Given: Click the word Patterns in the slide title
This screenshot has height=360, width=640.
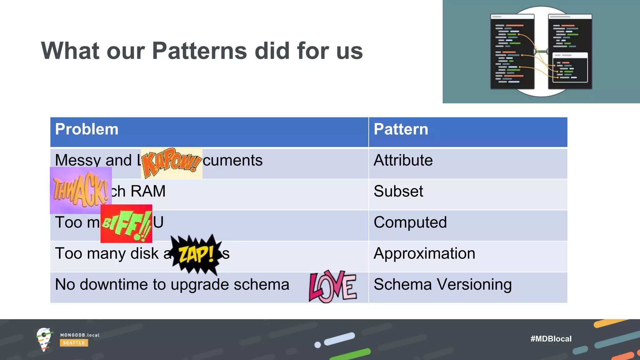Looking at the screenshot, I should [x=199, y=51].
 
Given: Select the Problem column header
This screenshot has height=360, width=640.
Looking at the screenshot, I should [x=87, y=129].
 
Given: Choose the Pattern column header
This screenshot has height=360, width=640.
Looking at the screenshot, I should [x=401, y=129].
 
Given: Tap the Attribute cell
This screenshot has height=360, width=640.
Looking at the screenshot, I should [x=403, y=160].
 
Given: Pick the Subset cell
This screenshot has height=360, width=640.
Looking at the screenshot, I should [x=398, y=191].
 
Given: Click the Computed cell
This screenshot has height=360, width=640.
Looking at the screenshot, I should [x=410, y=222].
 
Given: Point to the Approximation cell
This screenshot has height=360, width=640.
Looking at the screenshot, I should [x=424, y=253].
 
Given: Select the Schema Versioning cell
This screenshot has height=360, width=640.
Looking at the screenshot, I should [x=442, y=284].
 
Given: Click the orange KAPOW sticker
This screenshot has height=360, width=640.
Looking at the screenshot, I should [x=172, y=163].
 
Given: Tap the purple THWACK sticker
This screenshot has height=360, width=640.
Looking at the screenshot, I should [x=81, y=190].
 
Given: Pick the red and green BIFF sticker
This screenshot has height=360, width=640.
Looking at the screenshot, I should [x=126, y=224].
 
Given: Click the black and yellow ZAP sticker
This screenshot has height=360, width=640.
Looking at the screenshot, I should [x=196, y=254].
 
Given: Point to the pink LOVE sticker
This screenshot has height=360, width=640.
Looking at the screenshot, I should [x=332, y=287].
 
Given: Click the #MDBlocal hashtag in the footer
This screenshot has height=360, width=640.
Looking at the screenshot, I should [x=551, y=339].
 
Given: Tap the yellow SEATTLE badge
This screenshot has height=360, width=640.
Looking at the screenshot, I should [x=74, y=343].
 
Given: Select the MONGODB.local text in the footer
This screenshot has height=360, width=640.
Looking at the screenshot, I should [x=80, y=335].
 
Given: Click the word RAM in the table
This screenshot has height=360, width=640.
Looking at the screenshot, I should [x=148, y=191].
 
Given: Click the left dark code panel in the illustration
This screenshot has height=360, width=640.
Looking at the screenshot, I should [x=512, y=52].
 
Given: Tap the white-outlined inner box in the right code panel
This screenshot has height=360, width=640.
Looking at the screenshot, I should [x=570, y=67].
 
